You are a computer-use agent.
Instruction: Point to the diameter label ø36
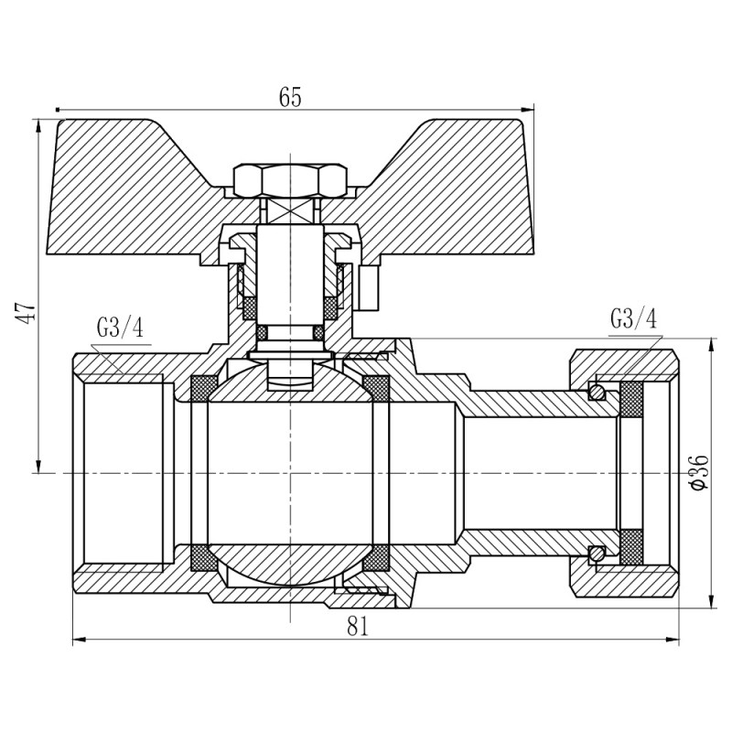[698, 471]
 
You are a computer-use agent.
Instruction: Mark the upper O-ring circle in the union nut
[596, 393]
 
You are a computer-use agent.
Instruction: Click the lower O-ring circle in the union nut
[596, 553]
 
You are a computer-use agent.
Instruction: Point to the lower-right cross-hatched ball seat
[377, 556]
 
